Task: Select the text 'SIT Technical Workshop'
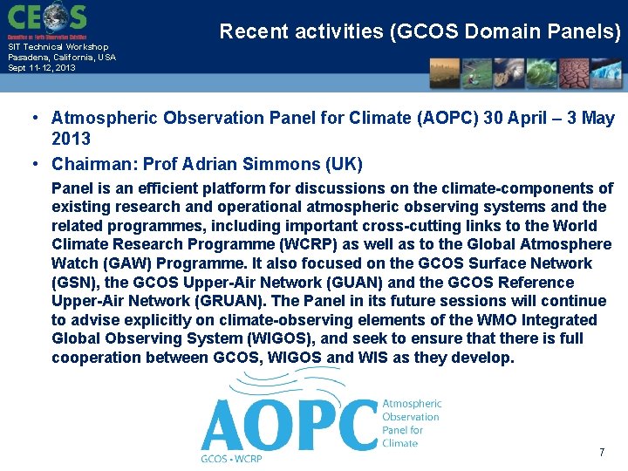[x=58, y=47]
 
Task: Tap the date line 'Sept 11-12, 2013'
[x=42, y=67]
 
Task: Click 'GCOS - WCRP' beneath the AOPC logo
[x=231, y=458]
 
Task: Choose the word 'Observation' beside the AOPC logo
[x=411, y=417]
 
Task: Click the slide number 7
[x=601, y=453]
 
